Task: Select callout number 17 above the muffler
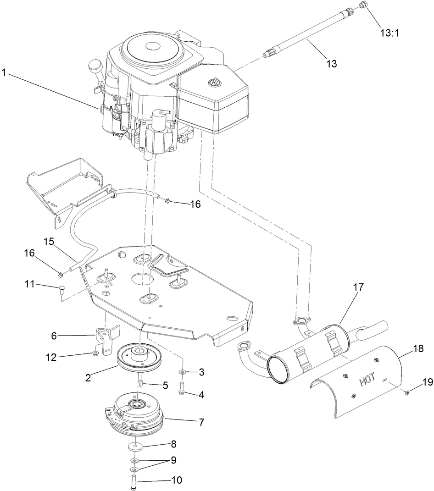(x=358, y=287)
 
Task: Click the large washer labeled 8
(x=134, y=446)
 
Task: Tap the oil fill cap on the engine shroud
(x=213, y=82)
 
